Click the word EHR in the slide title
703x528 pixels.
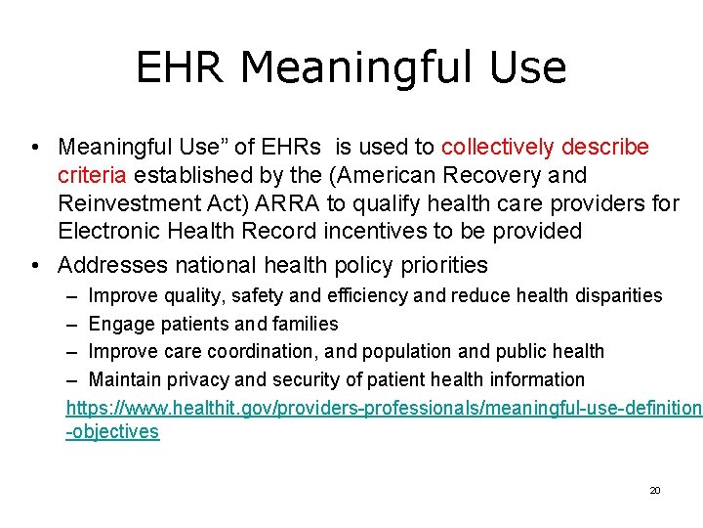[180, 68]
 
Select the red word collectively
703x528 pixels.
[499, 148]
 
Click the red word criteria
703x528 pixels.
[93, 176]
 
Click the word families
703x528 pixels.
[306, 324]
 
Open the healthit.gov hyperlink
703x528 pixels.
[381, 407]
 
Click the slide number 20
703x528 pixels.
[655, 490]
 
